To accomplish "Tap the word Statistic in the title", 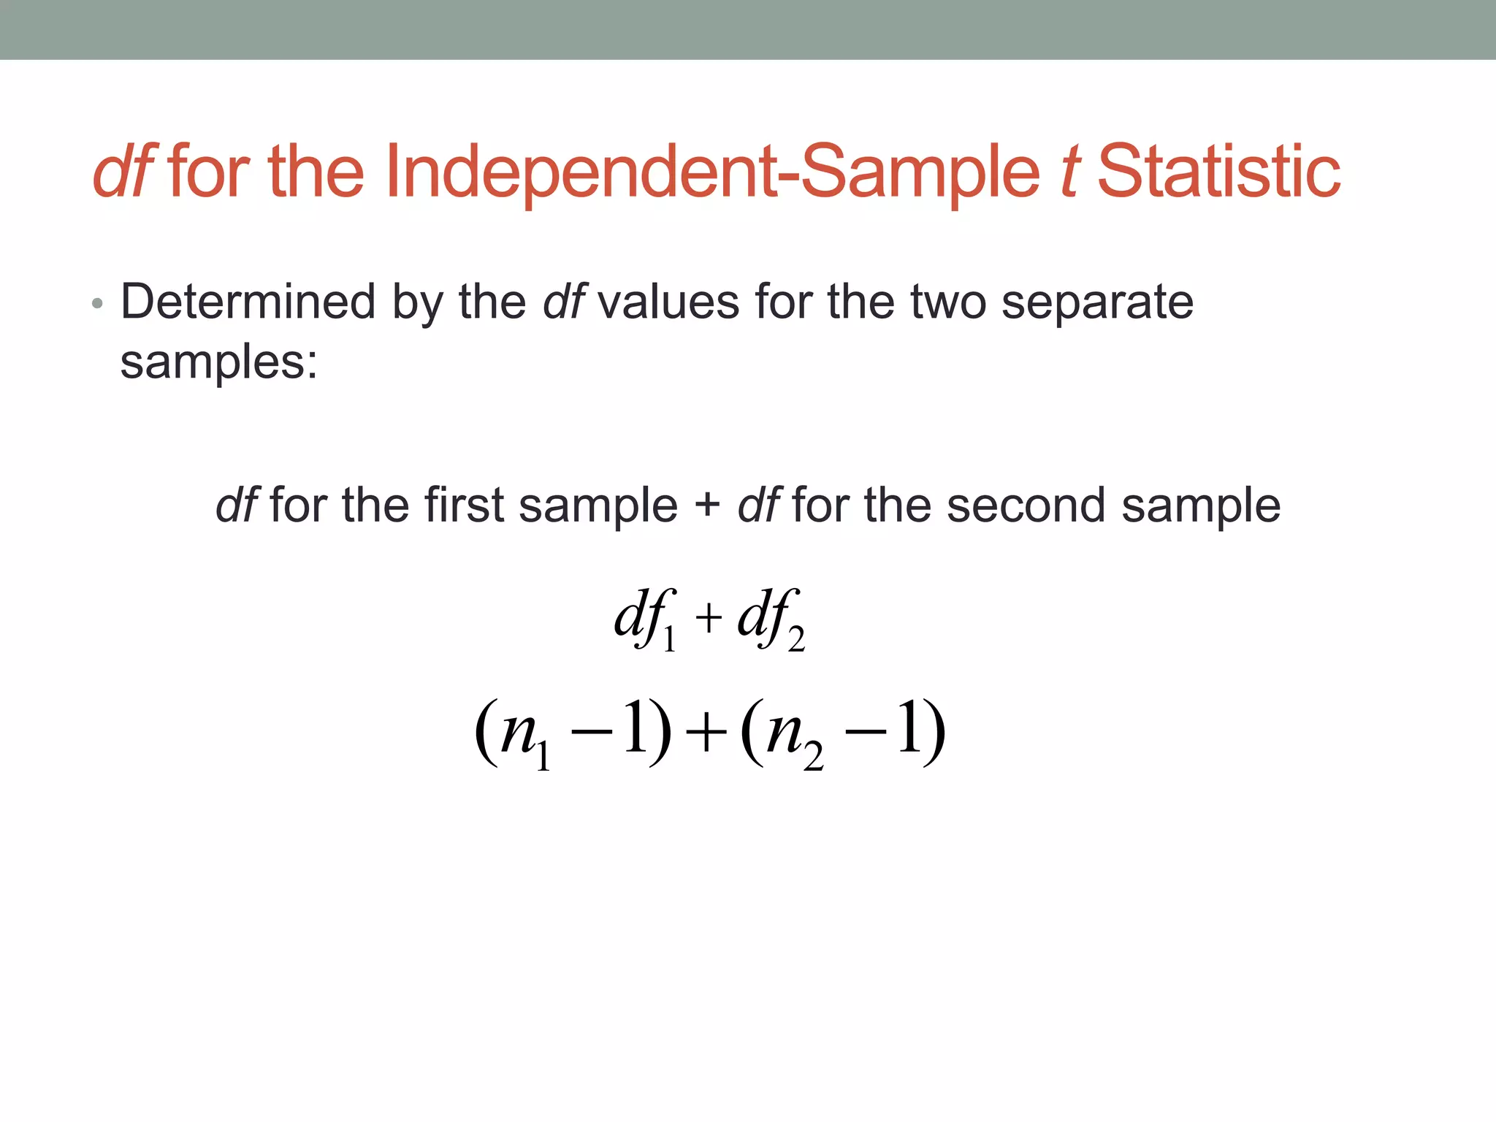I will [1218, 172].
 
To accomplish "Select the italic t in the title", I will [1069, 172].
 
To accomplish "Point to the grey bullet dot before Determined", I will [97, 303].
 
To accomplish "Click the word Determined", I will [248, 302].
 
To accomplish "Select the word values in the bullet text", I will [668, 302].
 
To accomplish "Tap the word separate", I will [1097, 302].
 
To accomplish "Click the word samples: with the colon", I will [219, 362].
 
